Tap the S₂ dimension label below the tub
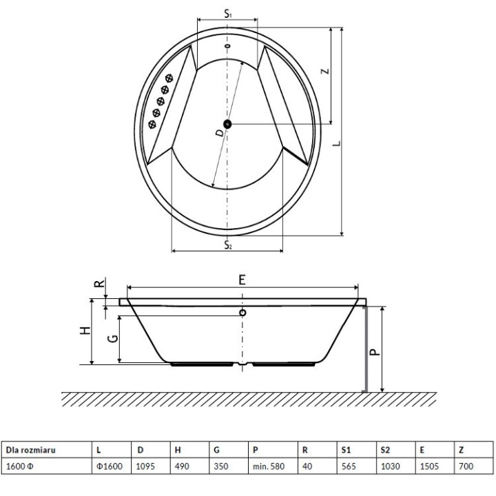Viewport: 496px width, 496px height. click(x=227, y=245)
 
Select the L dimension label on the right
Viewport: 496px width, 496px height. click(x=335, y=143)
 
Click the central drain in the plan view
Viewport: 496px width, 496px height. click(x=228, y=124)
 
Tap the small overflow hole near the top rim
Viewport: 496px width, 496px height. click(x=227, y=47)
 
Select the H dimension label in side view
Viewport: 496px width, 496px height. click(x=85, y=331)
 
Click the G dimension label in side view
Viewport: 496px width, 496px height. click(x=110, y=338)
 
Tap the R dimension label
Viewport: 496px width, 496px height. click(x=99, y=282)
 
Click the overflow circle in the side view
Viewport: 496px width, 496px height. click(x=242, y=313)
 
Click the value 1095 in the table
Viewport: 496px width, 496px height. click(x=147, y=466)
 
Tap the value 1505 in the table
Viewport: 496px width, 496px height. click(x=429, y=466)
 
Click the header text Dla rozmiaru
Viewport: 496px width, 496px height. click(x=30, y=450)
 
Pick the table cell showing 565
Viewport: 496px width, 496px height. click(x=349, y=466)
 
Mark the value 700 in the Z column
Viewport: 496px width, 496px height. click(x=466, y=466)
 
